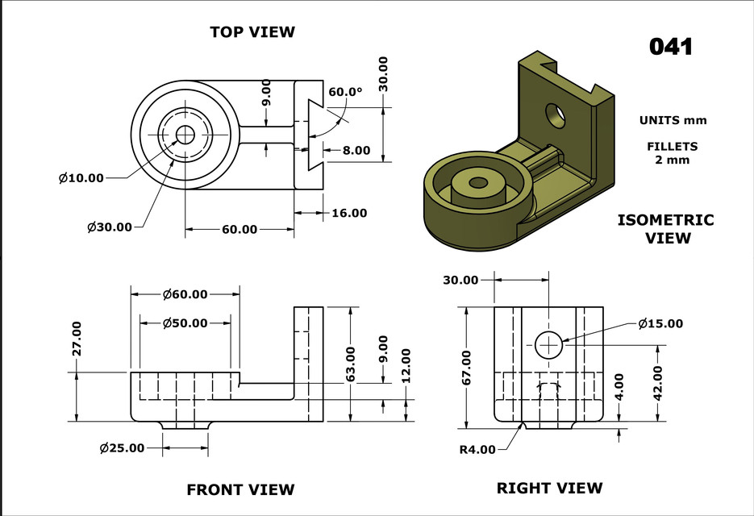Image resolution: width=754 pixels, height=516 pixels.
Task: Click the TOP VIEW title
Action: (252, 32)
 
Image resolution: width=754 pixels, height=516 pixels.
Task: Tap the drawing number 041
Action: (671, 47)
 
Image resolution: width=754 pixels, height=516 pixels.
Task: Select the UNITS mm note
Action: (673, 121)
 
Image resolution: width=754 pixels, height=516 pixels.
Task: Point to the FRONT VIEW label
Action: (240, 489)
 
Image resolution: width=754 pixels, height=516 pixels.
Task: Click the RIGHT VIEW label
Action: (549, 488)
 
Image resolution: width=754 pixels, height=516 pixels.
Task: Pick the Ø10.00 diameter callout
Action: (81, 178)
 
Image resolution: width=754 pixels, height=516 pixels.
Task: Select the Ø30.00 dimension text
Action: (109, 227)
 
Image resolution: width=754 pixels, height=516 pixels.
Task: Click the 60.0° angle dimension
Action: (346, 92)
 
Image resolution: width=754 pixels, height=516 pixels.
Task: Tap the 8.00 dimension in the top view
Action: (356, 150)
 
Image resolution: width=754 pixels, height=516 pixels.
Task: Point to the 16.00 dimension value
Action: (349, 213)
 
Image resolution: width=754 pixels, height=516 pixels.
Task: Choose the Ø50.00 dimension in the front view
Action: (185, 323)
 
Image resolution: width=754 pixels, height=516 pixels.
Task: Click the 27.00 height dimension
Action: (77, 339)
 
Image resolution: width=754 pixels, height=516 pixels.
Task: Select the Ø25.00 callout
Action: (123, 447)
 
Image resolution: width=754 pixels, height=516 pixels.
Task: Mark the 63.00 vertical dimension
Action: (350, 365)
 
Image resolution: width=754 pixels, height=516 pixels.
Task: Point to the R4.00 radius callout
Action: (477, 449)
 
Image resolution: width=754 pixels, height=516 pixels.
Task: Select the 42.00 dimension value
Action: (658, 382)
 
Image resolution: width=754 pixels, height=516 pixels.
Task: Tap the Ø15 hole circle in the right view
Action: (549, 344)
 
